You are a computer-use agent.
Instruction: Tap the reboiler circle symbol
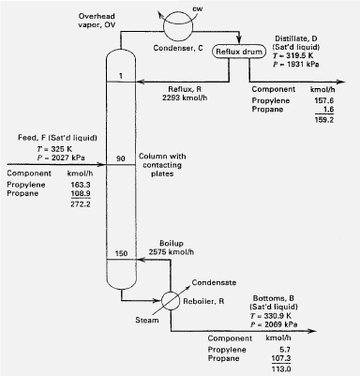(172, 302)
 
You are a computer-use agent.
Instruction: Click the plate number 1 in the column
(121, 75)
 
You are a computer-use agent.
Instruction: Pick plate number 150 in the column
(121, 254)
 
